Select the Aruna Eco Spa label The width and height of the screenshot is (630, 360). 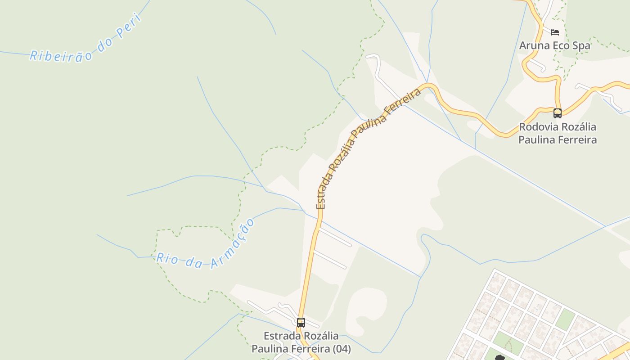(x=554, y=45)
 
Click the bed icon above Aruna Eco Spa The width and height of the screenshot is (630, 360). (x=555, y=32)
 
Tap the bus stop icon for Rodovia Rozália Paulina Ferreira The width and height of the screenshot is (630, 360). (x=558, y=113)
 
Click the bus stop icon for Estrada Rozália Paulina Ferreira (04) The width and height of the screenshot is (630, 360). (x=301, y=322)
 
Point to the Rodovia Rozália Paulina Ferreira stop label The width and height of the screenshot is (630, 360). (x=558, y=133)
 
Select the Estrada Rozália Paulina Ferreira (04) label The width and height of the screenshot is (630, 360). (x=301, y=342)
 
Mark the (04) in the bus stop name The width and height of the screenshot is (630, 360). (x=341, y=349)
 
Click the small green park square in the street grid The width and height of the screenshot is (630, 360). (x=565, y=319)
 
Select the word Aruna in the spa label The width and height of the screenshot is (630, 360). (x=535, y=45)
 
